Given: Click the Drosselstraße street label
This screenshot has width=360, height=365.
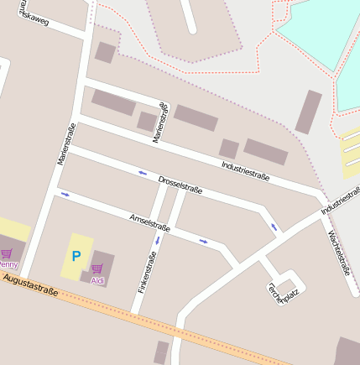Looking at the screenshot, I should tap(180, 185).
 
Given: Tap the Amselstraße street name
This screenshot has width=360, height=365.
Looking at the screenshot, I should tap(150, 222).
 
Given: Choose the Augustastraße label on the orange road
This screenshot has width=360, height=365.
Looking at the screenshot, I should tap(29, 284).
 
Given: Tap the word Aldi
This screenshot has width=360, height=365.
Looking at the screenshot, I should tap(98, 280).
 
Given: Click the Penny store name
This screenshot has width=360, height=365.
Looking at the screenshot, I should tap(8, 264).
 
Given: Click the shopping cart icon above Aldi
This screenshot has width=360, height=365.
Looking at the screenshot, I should tap(97, 269).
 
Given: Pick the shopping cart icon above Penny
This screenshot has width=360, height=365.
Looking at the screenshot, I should tap(7, 253).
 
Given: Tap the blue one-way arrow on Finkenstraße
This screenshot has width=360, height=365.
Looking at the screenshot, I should tap(157, 240).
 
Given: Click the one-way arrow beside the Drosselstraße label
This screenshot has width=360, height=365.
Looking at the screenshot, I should tap(142, 174).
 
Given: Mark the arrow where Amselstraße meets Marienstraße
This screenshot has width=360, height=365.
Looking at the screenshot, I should tap(65, 195).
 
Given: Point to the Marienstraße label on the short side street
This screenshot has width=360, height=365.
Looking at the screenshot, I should tap(159, 123).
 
